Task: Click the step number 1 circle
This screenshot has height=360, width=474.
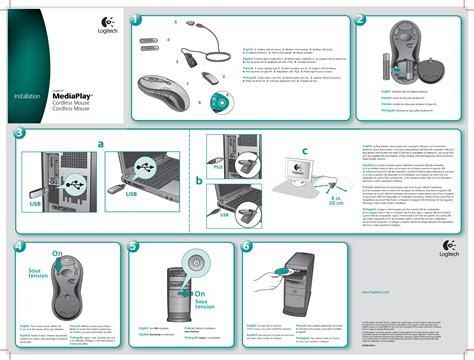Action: coord(137,20)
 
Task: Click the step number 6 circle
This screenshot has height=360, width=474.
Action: coord(246,246)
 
